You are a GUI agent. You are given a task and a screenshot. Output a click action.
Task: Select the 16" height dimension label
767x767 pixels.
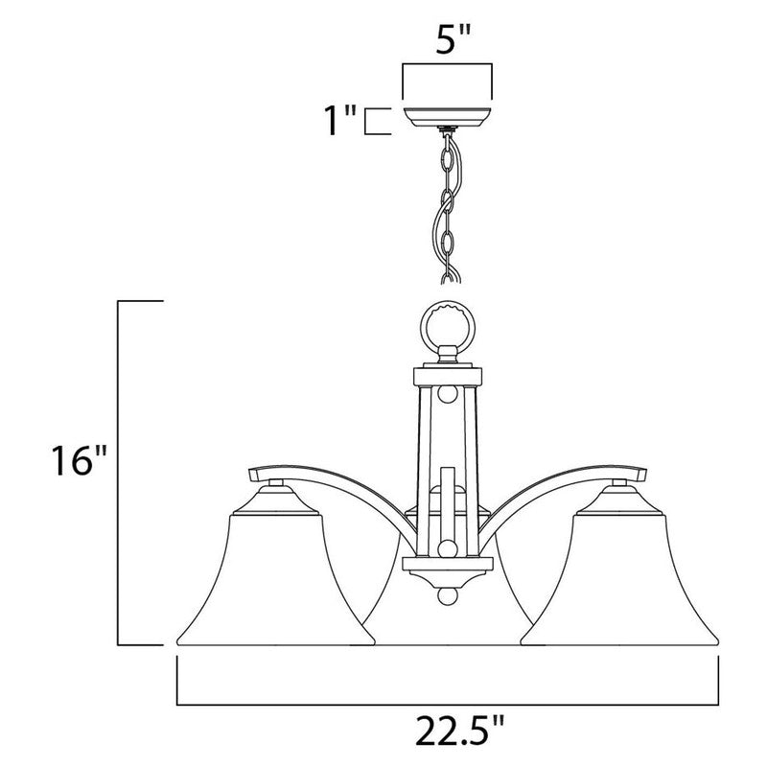[79, 460]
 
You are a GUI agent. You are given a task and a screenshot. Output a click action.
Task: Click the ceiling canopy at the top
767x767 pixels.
[447, 117]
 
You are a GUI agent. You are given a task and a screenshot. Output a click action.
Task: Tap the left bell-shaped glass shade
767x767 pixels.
[275, 582]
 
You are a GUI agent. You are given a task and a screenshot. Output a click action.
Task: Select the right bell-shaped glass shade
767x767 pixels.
[619, 582]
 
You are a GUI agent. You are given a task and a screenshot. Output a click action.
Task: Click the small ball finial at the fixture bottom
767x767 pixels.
[448, 596]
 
